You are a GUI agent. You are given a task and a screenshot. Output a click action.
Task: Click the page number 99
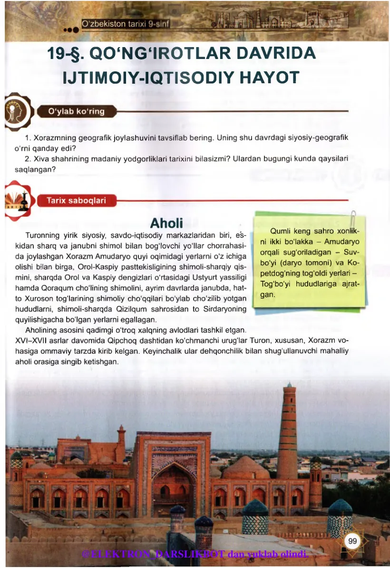[x=352, y=541]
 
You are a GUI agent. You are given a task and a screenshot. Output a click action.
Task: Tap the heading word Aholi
[x=166, y=223]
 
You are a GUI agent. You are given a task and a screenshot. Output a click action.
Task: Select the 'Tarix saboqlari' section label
[x=76, y=200]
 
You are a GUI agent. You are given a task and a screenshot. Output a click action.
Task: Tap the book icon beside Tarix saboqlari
[x=17, y=200]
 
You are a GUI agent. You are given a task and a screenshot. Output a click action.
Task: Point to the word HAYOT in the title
[x=268, y=78]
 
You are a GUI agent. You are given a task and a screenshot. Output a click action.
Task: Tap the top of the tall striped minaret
[x=288, y=386]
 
